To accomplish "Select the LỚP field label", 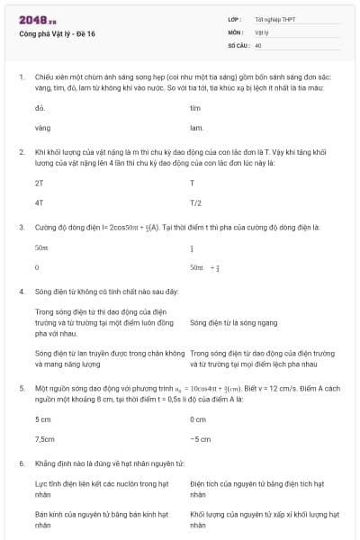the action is (235, 19).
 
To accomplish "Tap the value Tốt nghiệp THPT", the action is (274, 19).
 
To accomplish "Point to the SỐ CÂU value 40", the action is (258, 44).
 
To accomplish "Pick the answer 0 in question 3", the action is (37, 267).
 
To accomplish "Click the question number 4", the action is (21, 292).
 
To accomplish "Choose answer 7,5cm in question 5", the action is (44, 439).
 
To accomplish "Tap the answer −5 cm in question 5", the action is (200, 439).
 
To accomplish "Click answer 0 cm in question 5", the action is (198, 419).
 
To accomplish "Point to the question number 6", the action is (21, 463).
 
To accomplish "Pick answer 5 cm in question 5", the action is (42, 419).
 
